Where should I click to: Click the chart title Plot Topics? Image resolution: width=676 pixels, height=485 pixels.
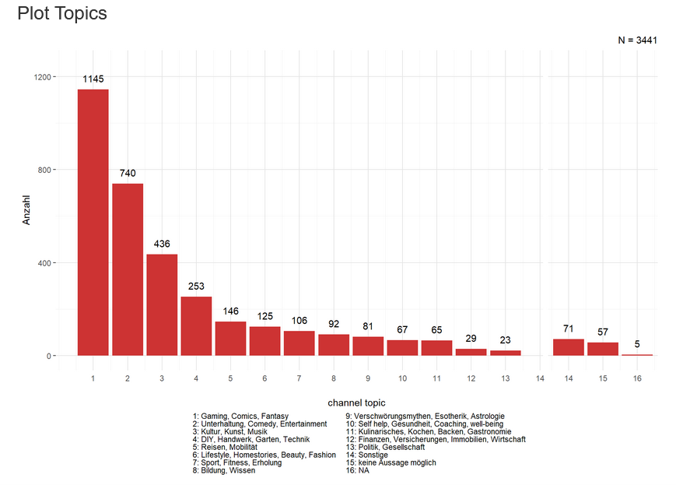click(x=61, y=14)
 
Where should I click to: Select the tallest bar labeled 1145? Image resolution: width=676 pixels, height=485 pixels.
click(x=93, y=222)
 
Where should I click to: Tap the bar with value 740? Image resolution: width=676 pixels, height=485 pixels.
click(x=128, y=269)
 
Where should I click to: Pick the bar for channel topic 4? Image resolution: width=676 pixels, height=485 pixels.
click(x=196, y=326)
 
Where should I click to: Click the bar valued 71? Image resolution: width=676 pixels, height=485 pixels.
click(x=568, y=347)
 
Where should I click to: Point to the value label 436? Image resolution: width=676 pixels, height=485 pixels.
click(x=162, y=244)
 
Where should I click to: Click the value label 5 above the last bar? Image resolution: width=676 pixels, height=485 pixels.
click(x=636, y=344)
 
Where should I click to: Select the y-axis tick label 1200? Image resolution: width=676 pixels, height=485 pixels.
click(x=42, y=77)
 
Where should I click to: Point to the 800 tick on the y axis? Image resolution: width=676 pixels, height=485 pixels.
click(x=45, y=170)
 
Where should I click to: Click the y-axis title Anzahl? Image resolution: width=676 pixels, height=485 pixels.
click(x=26, y=210)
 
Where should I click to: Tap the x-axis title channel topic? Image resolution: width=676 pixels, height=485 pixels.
click(x=356, y=403)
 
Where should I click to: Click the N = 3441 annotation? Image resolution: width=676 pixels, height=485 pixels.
click(x=638, y=40)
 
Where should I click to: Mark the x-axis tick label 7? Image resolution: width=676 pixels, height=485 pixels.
click(x=299, y=378)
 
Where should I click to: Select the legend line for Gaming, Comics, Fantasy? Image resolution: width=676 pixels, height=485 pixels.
click(x=240, y=416)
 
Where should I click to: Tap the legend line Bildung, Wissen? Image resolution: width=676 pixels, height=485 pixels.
click(x=225, y=471)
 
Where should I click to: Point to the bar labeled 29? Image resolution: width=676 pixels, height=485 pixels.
click(x=471, y=352)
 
